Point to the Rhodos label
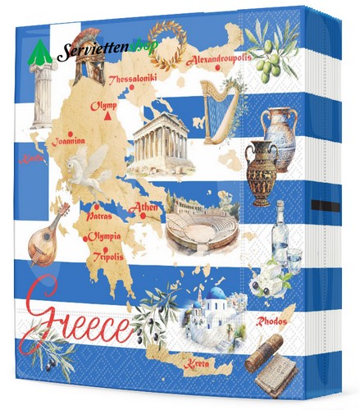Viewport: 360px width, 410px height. pyautogui.click(x=272, y=321)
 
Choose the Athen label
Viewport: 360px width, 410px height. pyautogui.click(x=144, y=207)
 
